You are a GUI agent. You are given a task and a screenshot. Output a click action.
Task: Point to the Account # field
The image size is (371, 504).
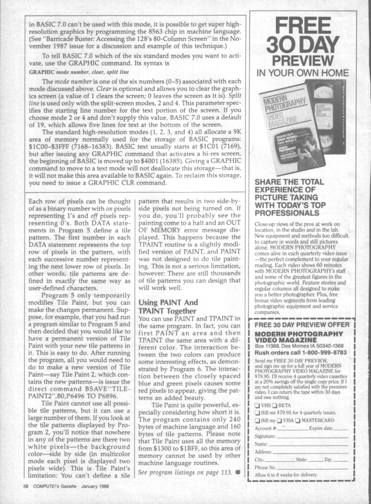coord(288,428)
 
